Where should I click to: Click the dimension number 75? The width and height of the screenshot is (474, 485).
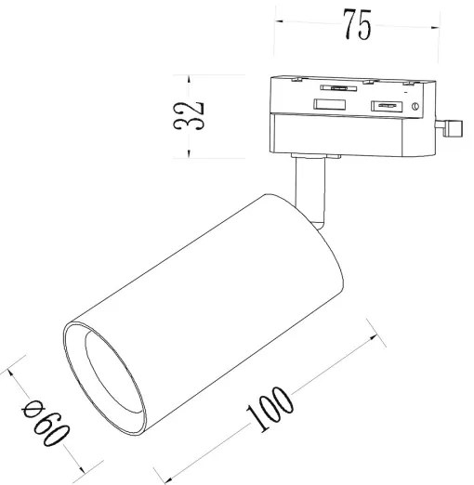(355, 27)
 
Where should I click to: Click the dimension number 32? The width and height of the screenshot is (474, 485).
(190, 116)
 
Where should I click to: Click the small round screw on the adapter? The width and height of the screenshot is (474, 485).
(415, 109)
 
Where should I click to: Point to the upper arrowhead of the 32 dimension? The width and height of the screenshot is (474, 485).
(190, 77)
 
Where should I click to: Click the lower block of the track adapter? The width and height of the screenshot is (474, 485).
(353, 134)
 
